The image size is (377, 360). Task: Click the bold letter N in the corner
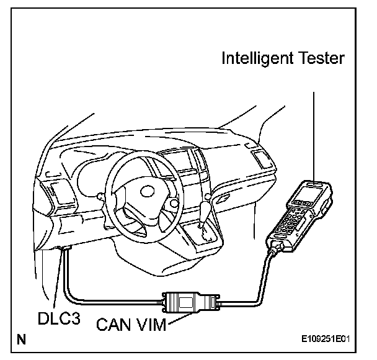point(22,340)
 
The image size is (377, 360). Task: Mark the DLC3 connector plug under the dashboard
point(64,248)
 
